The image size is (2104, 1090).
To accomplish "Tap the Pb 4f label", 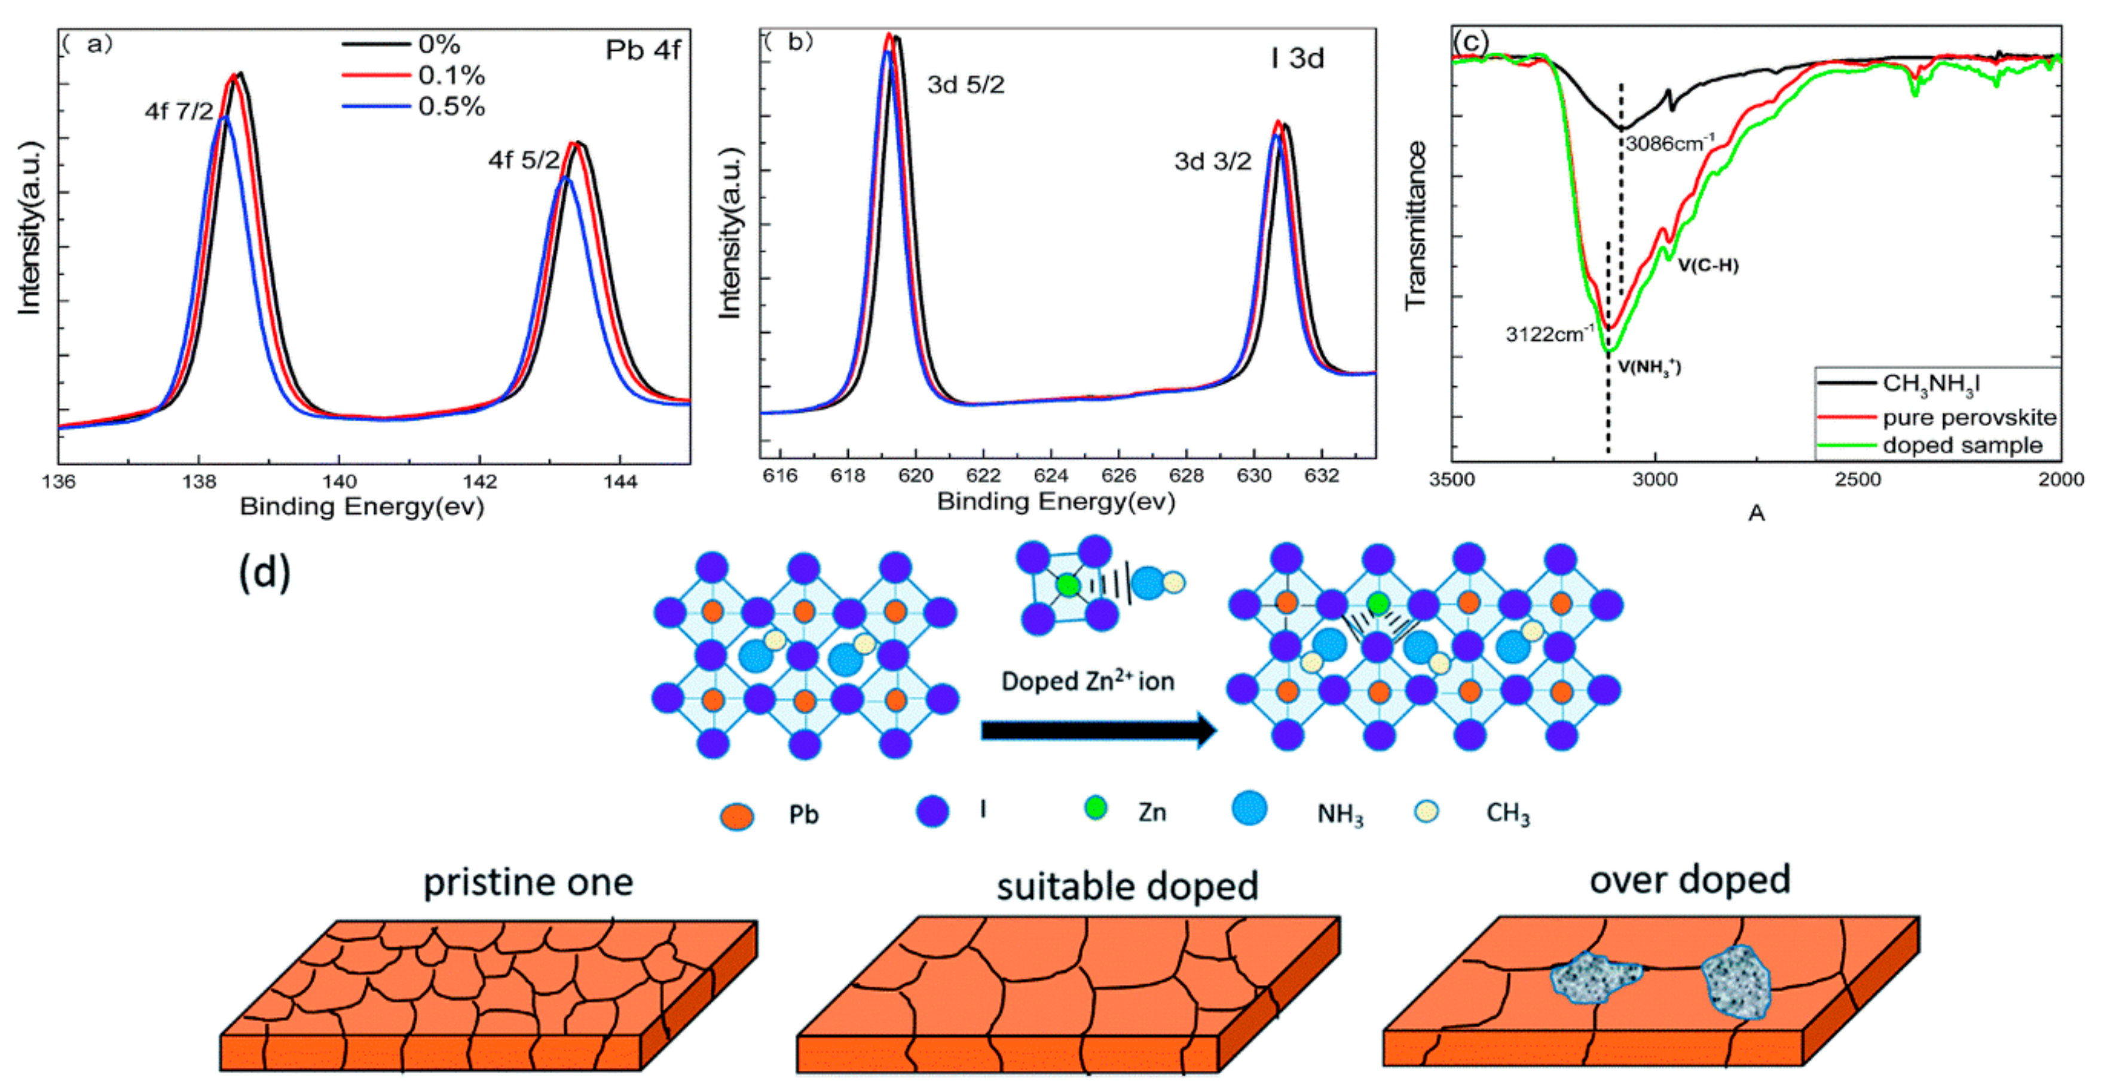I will (643, 51).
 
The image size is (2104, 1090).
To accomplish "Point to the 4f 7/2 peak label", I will (179, 111).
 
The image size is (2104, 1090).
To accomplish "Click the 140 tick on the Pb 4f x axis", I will (339, 482).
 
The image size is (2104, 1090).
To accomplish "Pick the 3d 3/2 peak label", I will (1212, 162).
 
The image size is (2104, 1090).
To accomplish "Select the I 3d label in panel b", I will (1297, 59).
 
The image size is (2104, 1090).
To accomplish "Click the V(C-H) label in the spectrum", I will (1708, 265).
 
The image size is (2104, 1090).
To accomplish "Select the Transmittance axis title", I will (1415, 225).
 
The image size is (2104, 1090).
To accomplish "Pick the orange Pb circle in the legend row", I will (737, 816).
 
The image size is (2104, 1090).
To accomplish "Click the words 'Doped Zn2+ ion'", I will (1088, 681).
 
